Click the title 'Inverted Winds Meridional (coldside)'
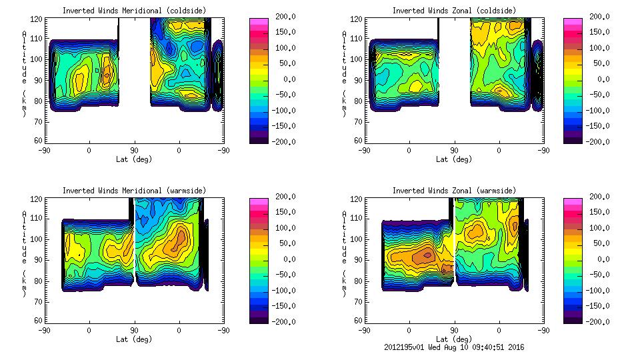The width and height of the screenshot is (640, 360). [x=134, y=11]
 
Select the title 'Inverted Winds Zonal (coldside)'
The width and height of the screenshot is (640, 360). [x=454, y=11]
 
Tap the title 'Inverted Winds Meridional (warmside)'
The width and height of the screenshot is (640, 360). [x=134, y=191]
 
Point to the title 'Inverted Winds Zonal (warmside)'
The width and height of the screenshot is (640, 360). [x=454, y=191]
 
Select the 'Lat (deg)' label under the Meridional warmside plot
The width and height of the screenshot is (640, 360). [x=134, y=339]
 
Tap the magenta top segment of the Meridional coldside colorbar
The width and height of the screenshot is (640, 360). [x=258, y=22]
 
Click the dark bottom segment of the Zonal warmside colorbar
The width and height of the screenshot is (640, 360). [x=572, y=319]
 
